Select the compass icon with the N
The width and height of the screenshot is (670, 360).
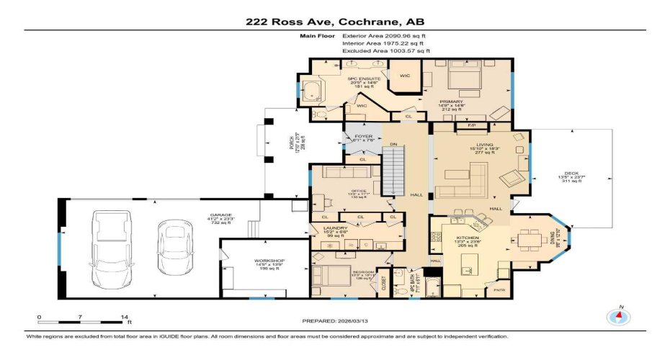point(617,316)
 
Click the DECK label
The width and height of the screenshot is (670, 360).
point(571,175)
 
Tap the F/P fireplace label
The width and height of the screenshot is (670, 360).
point(472,126)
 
